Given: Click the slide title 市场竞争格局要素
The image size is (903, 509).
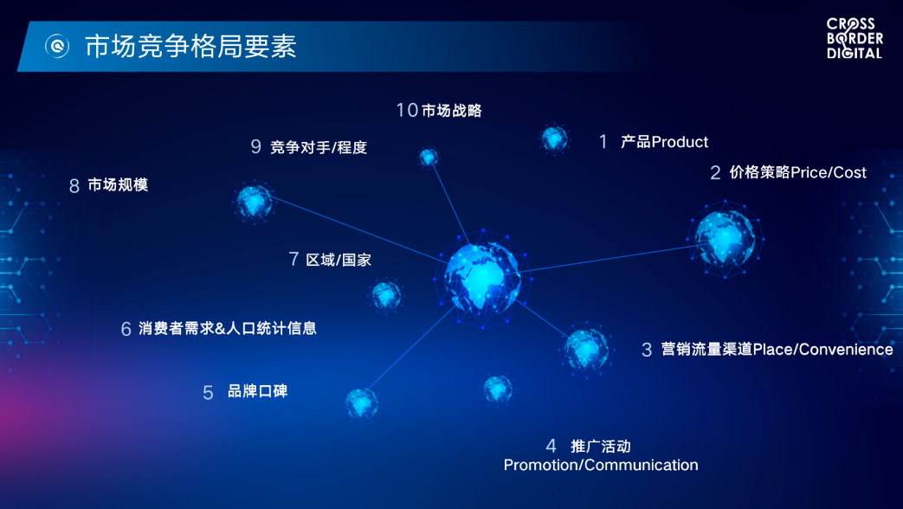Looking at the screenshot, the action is (190, 46).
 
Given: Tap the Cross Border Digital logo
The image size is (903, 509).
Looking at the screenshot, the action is (855, 39).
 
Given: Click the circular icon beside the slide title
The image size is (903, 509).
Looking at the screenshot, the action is (58, 46).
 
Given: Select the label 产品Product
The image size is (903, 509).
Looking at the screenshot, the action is (664, 142).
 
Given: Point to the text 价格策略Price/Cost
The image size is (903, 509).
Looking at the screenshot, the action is (797, 172).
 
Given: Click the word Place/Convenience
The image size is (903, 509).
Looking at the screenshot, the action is (823, 350).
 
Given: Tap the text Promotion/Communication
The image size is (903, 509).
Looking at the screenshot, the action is (601, 465).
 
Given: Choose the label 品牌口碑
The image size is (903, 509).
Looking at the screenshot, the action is (257, 391).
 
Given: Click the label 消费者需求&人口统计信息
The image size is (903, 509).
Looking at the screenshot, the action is (228, 328).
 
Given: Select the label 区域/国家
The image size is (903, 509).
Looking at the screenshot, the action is (339, 260).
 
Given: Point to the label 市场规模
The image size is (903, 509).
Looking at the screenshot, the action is (118, 185).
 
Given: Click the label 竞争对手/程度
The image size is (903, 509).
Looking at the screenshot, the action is (319, 147).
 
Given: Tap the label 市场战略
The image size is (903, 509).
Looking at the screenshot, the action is (452, 111).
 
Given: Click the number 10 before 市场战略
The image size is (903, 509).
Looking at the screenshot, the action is (407, 111).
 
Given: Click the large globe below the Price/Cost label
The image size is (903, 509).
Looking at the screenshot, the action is (725, 239).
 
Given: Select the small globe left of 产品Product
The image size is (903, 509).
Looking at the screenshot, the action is (554, 139).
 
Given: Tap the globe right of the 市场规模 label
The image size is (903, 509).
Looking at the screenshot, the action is (254, 202).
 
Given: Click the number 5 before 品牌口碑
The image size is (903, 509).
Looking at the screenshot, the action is (208, 393).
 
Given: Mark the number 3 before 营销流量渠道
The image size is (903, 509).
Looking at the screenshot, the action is (647, 350).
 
